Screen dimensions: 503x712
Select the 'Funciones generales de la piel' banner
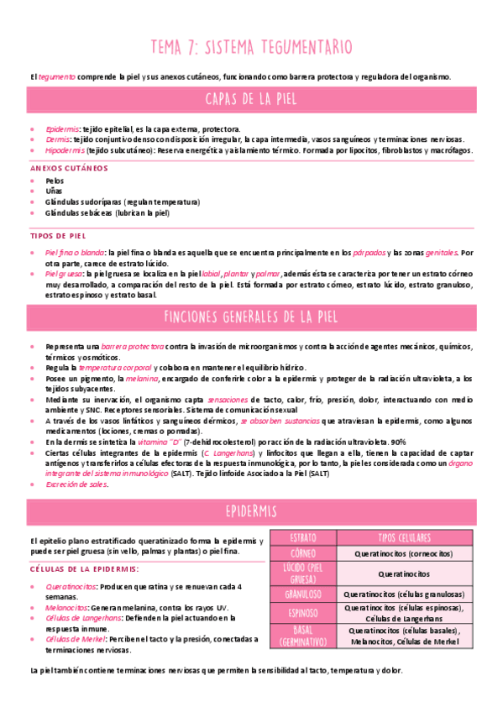tap(251, 317)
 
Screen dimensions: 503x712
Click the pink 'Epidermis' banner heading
tap(251, 511)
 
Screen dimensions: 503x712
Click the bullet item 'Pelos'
tap(55, 181)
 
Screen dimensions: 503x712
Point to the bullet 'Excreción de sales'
tap(77, 484)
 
